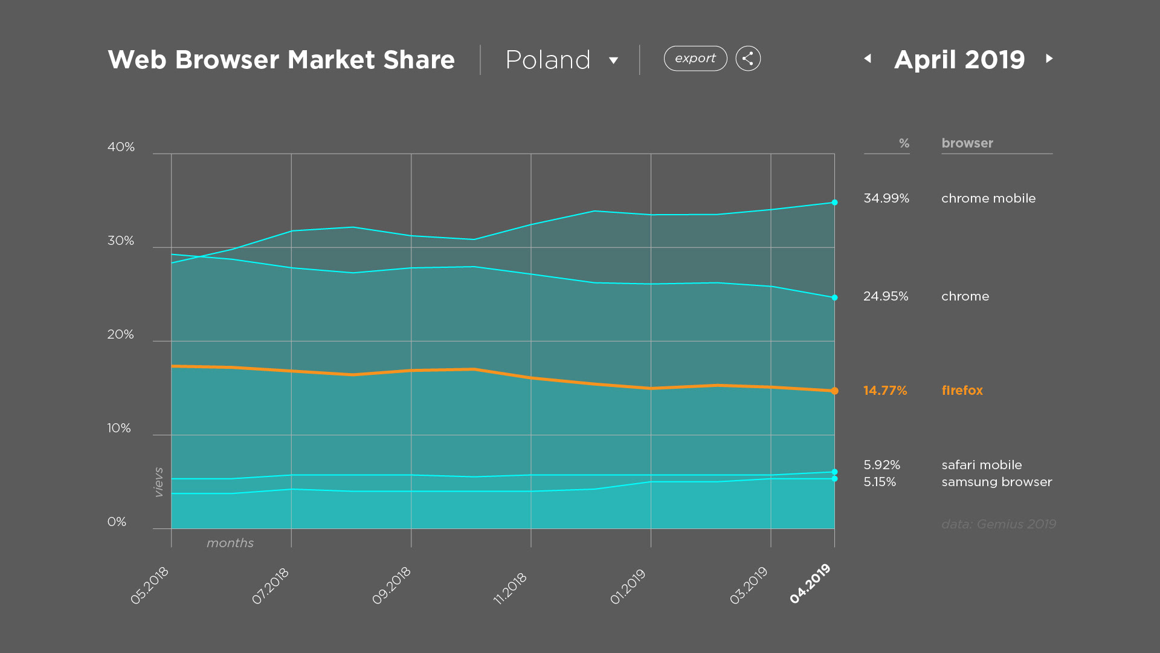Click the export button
coord(695,59)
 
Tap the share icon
coord(748,59)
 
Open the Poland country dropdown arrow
coord(613,60)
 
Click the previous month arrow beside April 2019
coord(868,59)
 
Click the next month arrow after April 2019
coord(1049,59)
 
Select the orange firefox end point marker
coord(834,391)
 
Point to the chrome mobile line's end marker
coord(834,203)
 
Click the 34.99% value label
coord(886,198)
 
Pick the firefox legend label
coord(962,391)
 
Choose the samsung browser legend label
coord(996,482)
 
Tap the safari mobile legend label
coord(981,465)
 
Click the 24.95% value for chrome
coord(885,296)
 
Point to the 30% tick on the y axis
coord(120,241)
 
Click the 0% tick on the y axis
coord(117,522)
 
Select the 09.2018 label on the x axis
coord(391,585)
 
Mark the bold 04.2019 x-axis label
coord(810,583)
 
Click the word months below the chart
coord(230,543)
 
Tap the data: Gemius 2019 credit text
coord(998,524)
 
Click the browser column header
coord(967,143)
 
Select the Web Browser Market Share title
coord(281,60)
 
